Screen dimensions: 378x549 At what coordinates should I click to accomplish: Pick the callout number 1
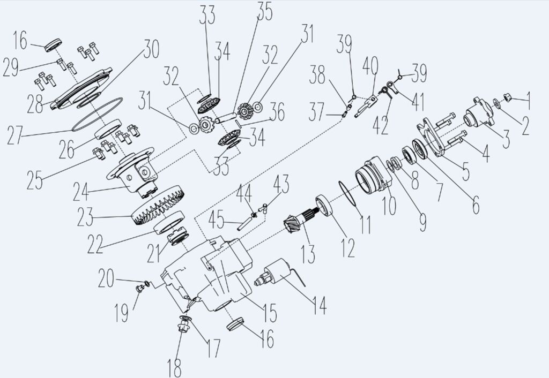(530, 97)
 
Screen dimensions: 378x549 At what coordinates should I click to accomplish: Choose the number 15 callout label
(268, 313)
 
